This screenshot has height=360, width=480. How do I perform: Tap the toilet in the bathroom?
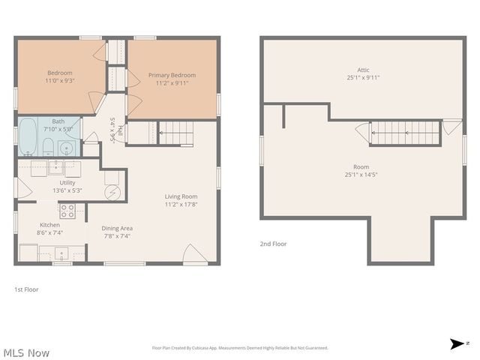click(48, 145)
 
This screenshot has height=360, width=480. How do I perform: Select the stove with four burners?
click(67, 210)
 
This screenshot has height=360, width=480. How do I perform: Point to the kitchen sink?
click(61, 253)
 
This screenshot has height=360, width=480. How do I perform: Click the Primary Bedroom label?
click(172, 75)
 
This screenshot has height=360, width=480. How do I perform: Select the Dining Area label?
click(117, 228)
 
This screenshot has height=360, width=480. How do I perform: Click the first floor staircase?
click(177, 133)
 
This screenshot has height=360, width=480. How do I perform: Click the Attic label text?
click(363, 69)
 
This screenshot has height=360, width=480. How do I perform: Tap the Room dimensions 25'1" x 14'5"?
click(362, 175)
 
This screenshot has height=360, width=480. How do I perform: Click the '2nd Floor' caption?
click(274, 244)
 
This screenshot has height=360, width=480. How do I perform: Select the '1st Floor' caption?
click(26, 289)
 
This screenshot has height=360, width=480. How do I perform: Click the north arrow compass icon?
click(457, 344)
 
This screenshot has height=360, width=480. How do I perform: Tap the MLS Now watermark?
click(26, 352)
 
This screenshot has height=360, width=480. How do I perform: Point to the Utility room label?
click(67, 182)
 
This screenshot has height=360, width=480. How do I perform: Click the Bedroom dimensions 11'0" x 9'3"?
click(59, 79)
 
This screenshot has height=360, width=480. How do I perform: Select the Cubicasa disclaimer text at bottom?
click(240, 348)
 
